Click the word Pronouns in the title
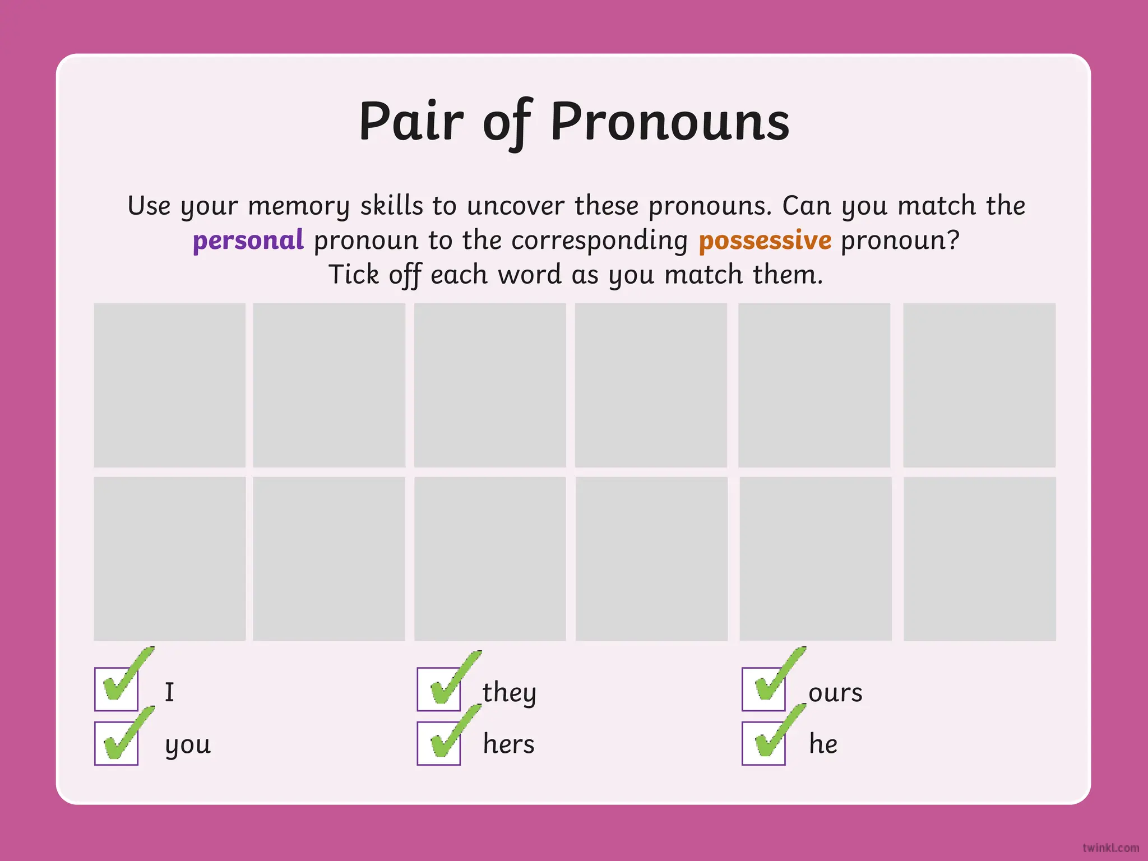670,122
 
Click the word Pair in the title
411,122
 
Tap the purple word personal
248,240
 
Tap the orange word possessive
765,240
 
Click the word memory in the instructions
298,206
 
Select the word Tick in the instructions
353,275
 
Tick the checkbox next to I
117,689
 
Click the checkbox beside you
117,743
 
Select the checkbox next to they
439,689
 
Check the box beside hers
439,743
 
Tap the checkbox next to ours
763,689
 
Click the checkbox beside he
763,743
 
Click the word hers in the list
508,744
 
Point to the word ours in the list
835,693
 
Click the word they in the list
509,693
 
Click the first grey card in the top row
169,385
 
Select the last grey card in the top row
979,385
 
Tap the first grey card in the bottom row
169,558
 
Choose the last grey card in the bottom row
979,558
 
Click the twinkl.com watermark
1110,848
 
